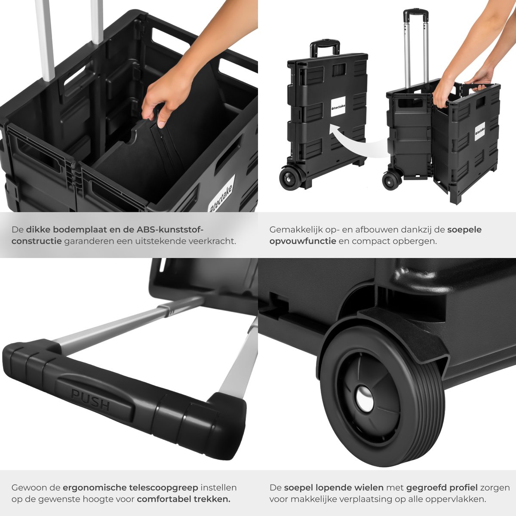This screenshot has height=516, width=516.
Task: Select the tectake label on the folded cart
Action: tap(338, 106)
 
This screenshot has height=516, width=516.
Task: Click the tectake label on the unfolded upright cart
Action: tap(480, 131)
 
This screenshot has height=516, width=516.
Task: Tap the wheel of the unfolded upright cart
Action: tap(391, 181)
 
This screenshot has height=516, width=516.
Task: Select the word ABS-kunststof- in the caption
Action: tap(170, 230)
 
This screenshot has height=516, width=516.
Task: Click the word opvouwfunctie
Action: tap(303, 241)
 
